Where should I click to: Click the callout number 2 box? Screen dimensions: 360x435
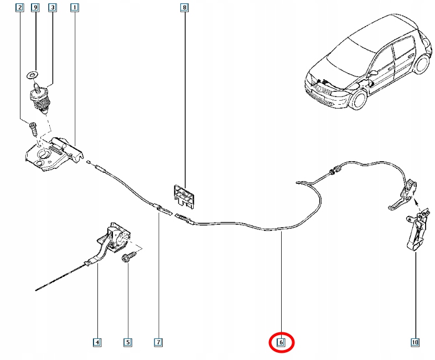click(20, 8)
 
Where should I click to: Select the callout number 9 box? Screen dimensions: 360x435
click(35, 8)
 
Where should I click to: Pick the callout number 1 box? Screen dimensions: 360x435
click(74, 8)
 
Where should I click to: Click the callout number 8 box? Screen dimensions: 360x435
click(184, 8)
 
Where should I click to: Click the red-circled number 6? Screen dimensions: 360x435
click(281, 343)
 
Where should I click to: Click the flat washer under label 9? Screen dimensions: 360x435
click(33, 75)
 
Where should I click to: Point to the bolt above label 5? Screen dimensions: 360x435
click(127, 258)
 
